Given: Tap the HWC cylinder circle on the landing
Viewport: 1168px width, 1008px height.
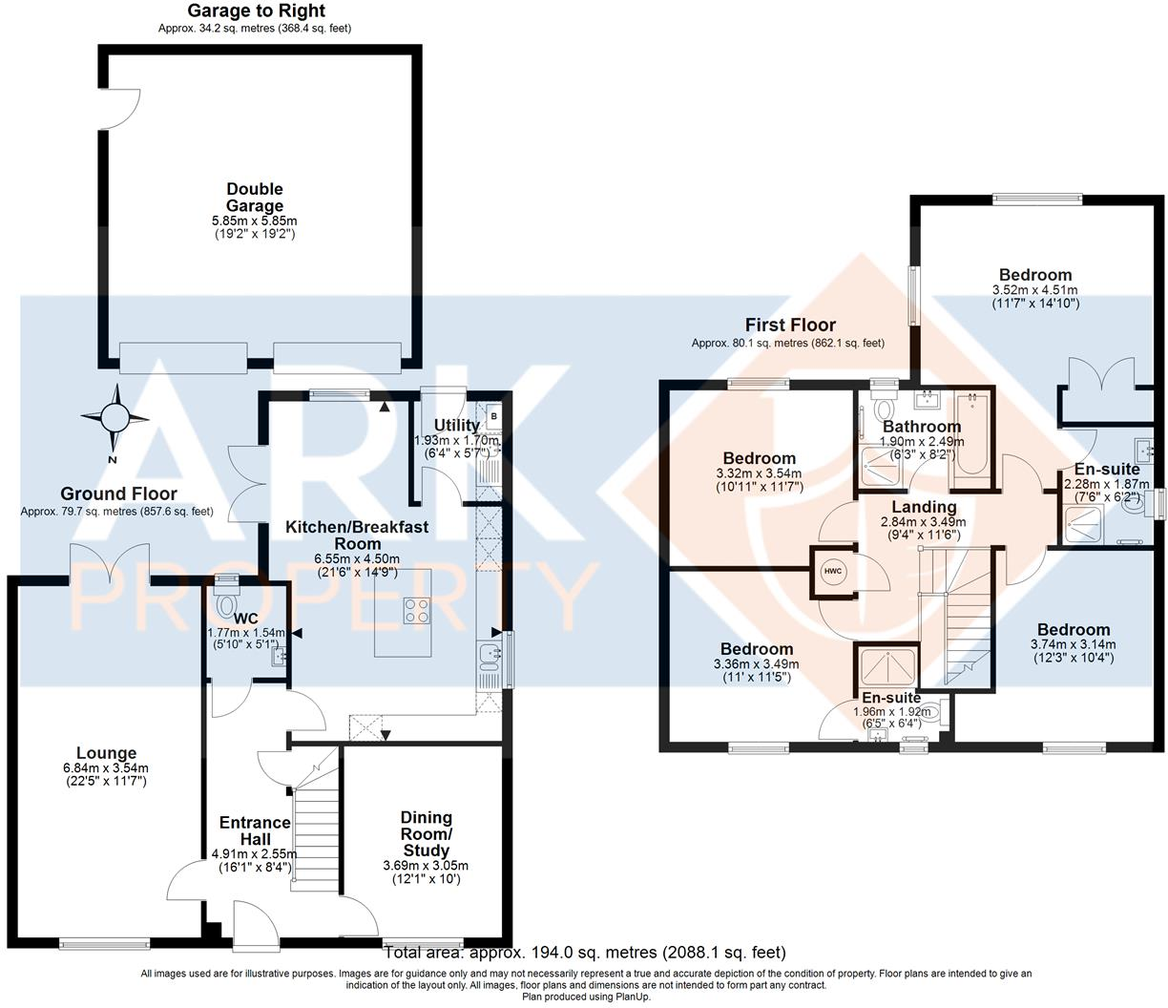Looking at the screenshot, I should click(830, 571).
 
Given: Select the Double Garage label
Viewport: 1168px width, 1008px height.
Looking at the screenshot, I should click(255, 198).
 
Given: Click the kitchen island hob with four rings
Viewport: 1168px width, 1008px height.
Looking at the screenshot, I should click(415, 609).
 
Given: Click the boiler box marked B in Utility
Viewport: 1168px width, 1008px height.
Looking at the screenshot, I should click(493, 416).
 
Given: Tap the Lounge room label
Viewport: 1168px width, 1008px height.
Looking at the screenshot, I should click(106, 753).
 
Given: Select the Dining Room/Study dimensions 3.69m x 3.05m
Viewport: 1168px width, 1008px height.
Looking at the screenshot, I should click(420, 866).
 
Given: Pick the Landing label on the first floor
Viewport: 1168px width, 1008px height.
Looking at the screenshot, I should click(923, 507).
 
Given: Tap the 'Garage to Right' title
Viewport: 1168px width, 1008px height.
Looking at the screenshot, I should click(255, 11).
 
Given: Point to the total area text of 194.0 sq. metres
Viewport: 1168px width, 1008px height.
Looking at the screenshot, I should click(584, 952).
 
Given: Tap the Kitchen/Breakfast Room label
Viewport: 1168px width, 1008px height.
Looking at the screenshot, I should click(358, 535).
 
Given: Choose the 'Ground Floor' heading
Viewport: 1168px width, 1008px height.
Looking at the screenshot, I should click(118, 493).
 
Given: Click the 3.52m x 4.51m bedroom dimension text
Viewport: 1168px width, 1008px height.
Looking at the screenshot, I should click(1035, 290).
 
